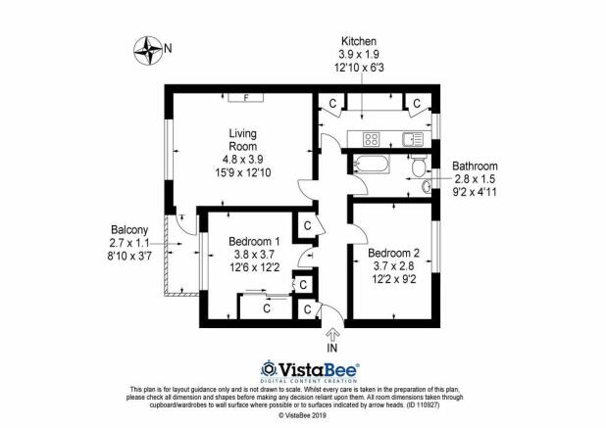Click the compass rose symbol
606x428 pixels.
coord(149,47)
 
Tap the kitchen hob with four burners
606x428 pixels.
coord(373,138)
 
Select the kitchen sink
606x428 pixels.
coord(412,138)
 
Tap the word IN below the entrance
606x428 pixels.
coord(331,348)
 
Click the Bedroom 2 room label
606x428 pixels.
coord(393,254)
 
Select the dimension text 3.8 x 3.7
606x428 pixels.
coord(254,254)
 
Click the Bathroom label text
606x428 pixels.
coord(475,166)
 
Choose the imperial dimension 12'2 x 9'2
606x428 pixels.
coord(393,279)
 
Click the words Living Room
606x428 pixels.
coord(242,139)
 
